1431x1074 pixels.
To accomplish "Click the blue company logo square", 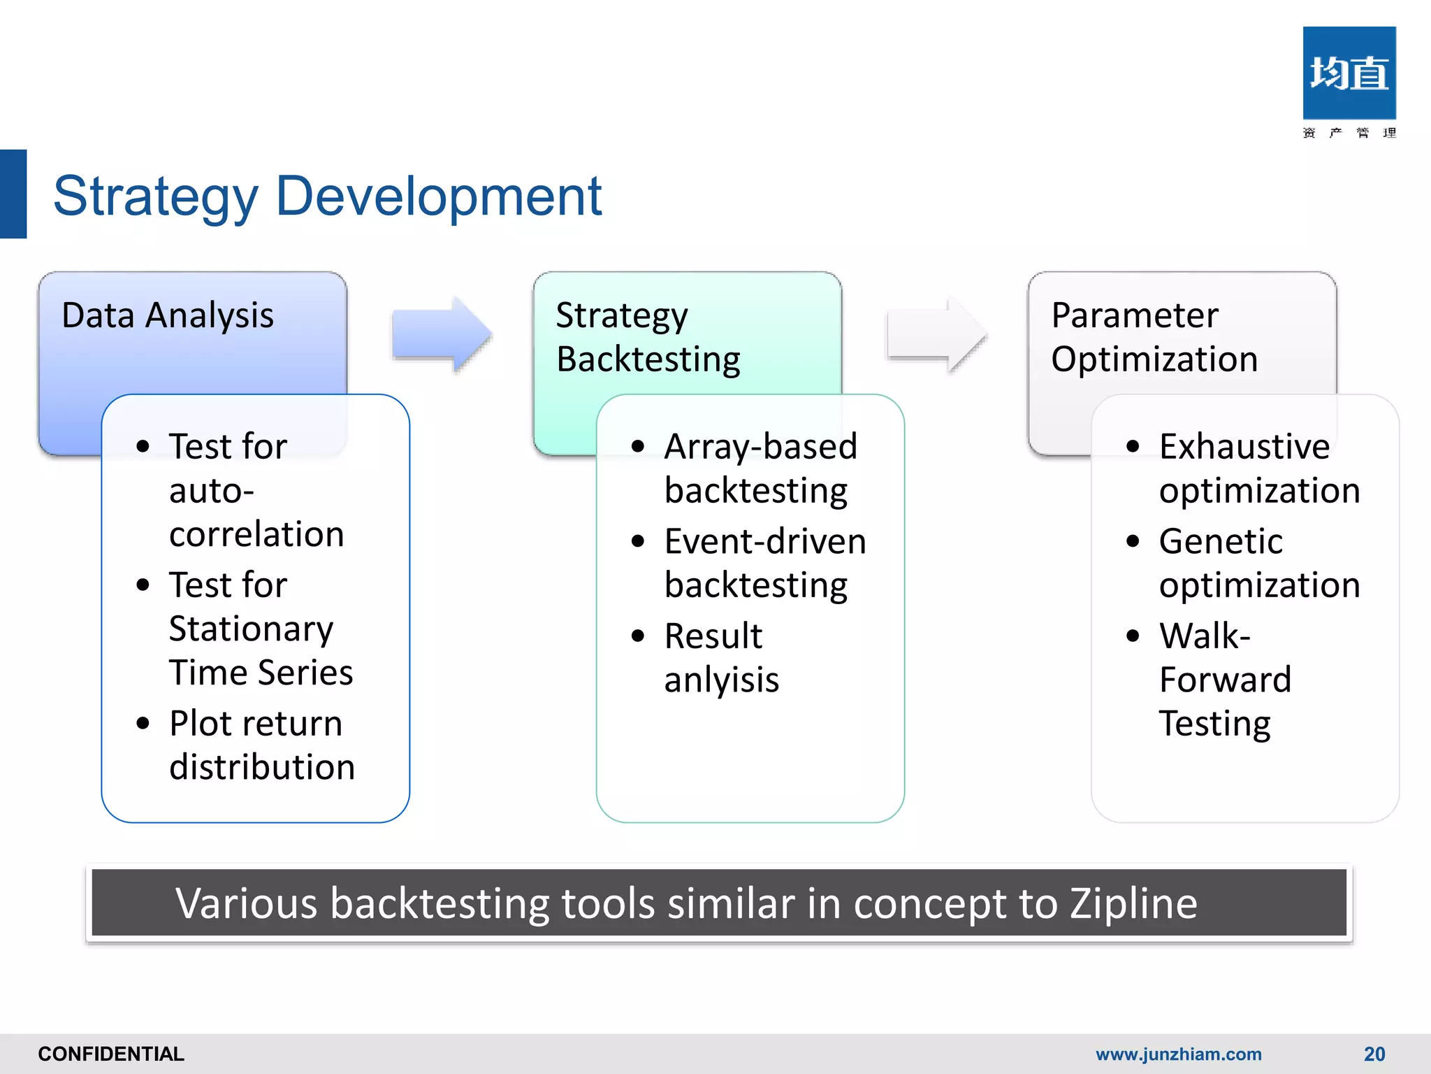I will [1349, 73].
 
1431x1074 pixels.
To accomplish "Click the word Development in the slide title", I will [438, 196].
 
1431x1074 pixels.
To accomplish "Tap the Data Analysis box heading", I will [168, 315].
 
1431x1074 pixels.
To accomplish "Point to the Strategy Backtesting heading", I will [648, 337].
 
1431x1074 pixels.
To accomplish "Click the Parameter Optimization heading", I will [1154, 337].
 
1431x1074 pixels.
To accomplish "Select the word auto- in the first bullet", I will [211, 490].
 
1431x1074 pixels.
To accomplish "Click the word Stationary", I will [251, 629].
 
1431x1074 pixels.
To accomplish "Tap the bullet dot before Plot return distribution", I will [143, 723].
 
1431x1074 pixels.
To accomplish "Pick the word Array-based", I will [760, 446].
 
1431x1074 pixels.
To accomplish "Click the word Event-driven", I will [765, 541].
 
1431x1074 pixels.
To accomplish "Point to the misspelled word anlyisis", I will [721, 680].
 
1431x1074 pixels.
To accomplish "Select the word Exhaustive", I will [1244, 446].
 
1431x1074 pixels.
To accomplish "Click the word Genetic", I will [1220, 541].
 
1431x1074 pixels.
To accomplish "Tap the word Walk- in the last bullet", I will [1204, 636].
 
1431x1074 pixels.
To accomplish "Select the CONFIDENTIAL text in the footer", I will [111, 1054].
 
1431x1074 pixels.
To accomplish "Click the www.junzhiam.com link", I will [1178, 1054].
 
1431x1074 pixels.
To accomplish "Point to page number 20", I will [1374, 1054].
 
